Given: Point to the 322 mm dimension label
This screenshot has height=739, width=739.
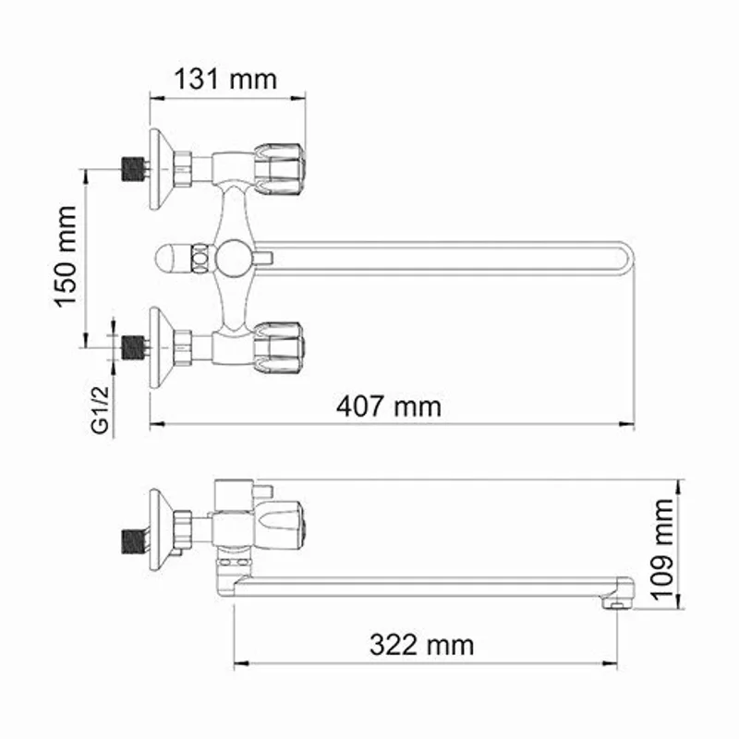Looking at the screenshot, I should tap(422, 644).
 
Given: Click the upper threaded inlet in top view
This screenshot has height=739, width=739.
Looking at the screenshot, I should tap(134, 169).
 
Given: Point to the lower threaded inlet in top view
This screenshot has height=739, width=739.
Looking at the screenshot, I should tap(134, 347).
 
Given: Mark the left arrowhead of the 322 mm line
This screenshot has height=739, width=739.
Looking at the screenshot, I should tap(236, 663).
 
